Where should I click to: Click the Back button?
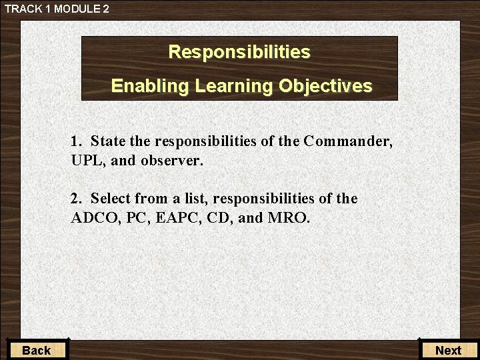point(36,350)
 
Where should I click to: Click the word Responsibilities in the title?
point(239,52)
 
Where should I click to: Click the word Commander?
point(347,141)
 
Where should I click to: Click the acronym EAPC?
point(181,218)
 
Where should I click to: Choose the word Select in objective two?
point(111,199)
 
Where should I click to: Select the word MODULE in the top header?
point(73,9)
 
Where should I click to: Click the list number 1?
point(75,141)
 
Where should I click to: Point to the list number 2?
point(75,199)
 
